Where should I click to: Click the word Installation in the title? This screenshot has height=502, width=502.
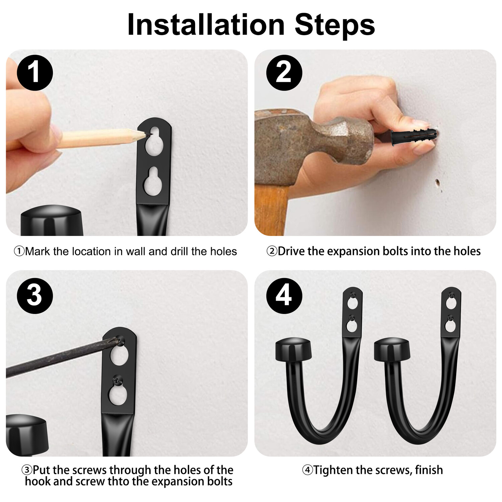pos(206,24)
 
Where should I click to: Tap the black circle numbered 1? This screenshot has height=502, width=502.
pos(35,73)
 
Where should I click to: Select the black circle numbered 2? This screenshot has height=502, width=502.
pos(284,73)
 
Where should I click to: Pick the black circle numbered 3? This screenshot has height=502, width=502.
pos(35,296)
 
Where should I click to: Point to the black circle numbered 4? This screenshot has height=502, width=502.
pos(284,296)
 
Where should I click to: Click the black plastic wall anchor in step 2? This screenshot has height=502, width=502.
pos(414,136)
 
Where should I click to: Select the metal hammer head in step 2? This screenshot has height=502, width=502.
pos(316,138)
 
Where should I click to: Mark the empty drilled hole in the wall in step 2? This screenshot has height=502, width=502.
pos(437,183)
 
